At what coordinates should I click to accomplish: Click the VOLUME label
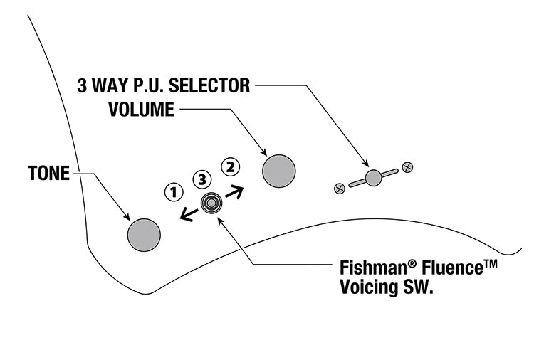(141, 110)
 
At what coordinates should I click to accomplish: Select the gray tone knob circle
(144, 234)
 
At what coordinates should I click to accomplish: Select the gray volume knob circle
(279, 171)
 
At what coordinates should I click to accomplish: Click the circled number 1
(172, 191)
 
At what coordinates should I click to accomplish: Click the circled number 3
(203, 178)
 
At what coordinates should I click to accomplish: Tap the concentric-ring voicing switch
(211, 203)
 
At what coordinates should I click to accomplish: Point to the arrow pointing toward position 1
(188, 214)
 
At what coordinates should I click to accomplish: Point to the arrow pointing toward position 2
(234, 191)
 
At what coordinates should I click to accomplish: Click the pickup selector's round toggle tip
(372, 178)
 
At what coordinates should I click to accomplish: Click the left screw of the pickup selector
(340, 189)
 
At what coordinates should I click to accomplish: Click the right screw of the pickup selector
(407, 167)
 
